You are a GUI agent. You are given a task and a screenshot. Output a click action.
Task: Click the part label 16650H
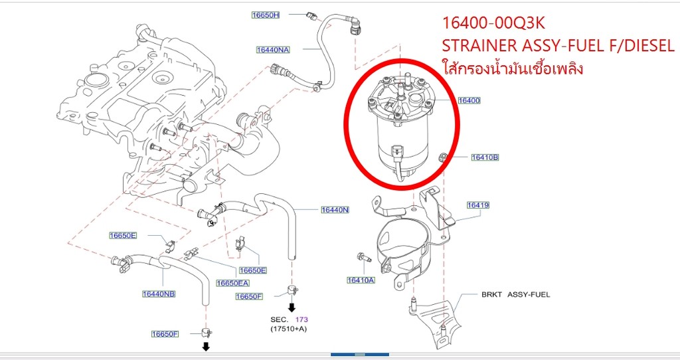pyautogui.click(x=266, y=15)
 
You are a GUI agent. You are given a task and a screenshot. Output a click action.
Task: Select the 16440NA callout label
pyautogui.click(x=273, y=49)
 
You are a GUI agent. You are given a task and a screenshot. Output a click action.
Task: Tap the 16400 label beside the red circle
pyautogui.click(x=469, y=100)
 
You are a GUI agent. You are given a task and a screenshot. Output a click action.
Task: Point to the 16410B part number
pyautogui.click(x=485, y=157)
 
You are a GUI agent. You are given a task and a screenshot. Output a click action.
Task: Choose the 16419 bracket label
pyautogui.click(x=477, y=205)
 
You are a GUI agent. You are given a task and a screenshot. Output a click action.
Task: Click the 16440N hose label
pyautogui.click(x=335, y=210)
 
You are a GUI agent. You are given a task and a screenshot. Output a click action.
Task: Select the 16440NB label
pyautogui.click(x=159, y=294)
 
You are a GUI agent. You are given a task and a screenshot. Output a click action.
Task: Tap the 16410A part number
pyautogui.click(x=361, y=280)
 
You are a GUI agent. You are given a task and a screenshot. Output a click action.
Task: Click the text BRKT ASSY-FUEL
pyautogui.click(x=515, y=294)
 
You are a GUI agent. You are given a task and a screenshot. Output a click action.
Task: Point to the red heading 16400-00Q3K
pyautogui.click(x=494, y=23)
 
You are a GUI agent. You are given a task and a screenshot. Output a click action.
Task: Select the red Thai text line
pyautogui.click(x=512, y=68)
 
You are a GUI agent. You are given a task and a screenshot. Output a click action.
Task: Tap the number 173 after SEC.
pyautogui.click(x=301, y=319)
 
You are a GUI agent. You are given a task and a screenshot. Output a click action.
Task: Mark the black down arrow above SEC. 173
pyautogui.click(x=291, y=308)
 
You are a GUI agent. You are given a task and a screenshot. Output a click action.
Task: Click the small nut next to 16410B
pyautogui.click(x=443, y=157)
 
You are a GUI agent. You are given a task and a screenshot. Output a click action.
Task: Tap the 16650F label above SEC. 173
pyautogui.click(x=250, y=296)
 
